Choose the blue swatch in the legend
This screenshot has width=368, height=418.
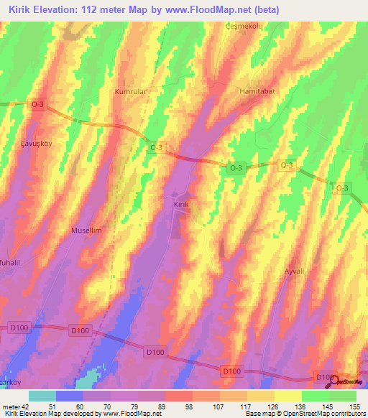click(x=70, y=396)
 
